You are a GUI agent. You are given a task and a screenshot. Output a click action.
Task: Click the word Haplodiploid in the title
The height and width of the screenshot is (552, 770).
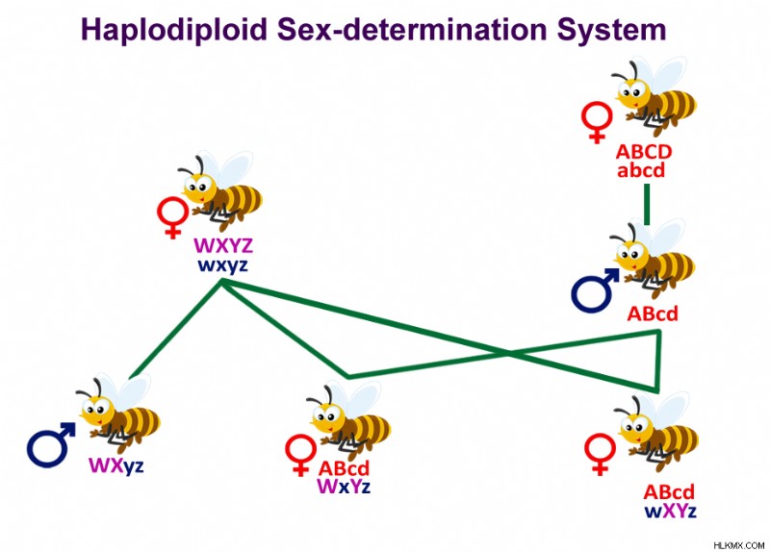click(x=174, y=30)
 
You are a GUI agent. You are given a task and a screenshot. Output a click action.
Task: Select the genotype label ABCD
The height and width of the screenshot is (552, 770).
click(x=643, y=152)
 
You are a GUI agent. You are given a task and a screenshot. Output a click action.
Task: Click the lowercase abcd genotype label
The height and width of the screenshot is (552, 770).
click(x=641, y=170)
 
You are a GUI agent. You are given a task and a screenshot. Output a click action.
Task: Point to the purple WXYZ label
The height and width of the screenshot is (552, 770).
click(x=223, y=245)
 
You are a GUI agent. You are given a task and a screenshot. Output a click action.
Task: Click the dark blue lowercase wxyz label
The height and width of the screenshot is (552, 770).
click(x=222, y=265)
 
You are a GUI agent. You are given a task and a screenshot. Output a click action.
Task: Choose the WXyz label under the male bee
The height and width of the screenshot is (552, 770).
click(x=115, y=465)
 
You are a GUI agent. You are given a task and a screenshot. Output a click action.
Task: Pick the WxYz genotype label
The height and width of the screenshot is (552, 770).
click(x=344, y=487)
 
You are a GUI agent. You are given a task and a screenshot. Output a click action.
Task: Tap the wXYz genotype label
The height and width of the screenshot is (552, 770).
click(x=670, y=511)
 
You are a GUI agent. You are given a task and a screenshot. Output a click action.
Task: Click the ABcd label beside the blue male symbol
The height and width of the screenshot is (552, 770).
click(x=653, y=314)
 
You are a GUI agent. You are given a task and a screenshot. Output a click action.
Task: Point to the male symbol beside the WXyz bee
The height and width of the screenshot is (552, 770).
click(x=51, y=444)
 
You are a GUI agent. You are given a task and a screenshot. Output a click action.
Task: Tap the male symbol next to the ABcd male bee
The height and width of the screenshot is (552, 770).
click(x=595, y=290)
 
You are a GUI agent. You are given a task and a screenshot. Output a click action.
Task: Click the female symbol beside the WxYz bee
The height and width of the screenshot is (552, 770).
click(x=300, y=455)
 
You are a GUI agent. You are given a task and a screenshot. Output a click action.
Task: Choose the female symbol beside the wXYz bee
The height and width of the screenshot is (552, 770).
click(x=600, y=454)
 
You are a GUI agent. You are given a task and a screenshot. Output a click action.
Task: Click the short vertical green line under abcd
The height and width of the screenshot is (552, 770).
click(x=647, y=204)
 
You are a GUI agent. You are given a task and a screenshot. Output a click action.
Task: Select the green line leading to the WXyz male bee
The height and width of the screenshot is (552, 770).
click(x=176, y=329)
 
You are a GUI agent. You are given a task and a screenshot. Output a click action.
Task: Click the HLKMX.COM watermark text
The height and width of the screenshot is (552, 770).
click(x=738, y=545)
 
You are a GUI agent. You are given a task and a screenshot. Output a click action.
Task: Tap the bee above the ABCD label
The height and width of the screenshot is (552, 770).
click(x=654, y=95)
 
